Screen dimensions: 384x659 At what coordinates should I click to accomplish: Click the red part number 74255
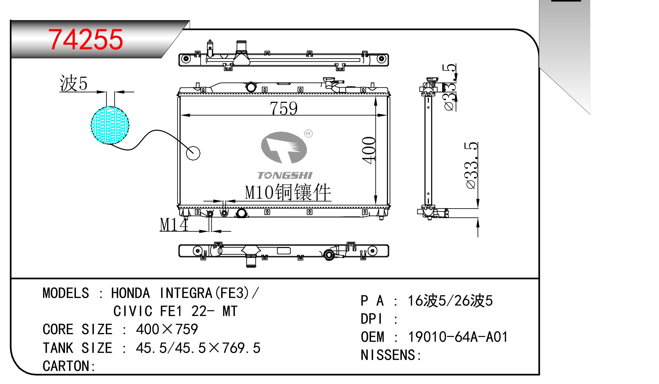[x=86, y=40]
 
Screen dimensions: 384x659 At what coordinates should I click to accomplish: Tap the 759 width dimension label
[x=283, y=108]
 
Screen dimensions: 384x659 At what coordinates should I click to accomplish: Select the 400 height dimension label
[x=369, y=150]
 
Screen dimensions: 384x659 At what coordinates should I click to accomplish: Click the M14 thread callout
[x=174, y=225]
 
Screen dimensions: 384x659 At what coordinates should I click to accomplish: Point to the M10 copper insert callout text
[x=288, y=192]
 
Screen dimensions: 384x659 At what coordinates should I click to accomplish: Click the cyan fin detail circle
[x=110, y=125]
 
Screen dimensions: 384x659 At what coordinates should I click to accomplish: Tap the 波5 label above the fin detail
[x=73, y=83]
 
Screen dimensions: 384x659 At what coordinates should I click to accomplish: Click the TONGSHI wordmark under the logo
[x=285, y=175]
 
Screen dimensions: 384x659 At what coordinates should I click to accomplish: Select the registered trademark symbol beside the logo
[x=308, y=134]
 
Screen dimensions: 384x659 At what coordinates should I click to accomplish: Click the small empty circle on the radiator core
[x=193, y=153]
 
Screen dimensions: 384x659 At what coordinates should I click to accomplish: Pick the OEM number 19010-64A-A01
[x=458, y=337]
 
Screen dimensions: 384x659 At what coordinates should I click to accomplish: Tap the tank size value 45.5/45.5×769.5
[x=198, y=348]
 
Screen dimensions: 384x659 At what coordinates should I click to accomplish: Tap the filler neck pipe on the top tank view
[x=241, y=46]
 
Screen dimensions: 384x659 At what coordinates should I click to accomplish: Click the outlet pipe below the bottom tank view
[x=251, y=262]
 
